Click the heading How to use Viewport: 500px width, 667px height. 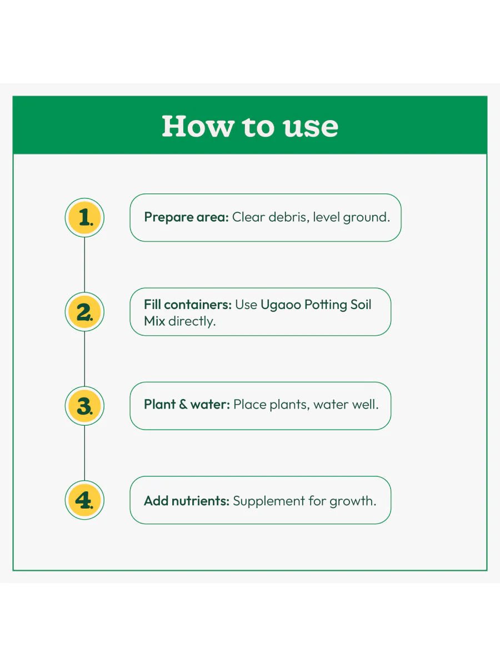pyautogui.click(x=250, y=126)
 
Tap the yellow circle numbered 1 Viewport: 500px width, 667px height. pyautogui.click(x=84, y=217)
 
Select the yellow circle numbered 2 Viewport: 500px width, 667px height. pyautogui.click(x=84, y=312)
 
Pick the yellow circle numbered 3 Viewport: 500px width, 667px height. pyautogui.click(x=84, y=406)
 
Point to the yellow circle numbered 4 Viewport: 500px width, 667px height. pyautogui.click(x=84, y=500)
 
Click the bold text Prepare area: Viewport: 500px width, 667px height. pyautogui.click(x=186, y=217)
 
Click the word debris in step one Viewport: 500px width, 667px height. pyautogui.click(x=288, y=217)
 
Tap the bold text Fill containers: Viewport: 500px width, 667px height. pyautogui.click(x=187, y=305)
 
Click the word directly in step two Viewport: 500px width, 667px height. pyautogui.click(x=192, y=321)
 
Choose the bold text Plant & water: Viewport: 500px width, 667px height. pyautogui.click(x=187, y=405)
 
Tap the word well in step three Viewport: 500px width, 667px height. pyautogui.click(x=367, y=405)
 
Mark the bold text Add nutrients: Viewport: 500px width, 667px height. pyautogui.click(x=186, y=501)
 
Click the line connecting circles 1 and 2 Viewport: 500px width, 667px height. pyautogui.click(x=84, y=265)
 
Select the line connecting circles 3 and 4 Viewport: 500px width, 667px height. pyautogui.click(x=84, y=453)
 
